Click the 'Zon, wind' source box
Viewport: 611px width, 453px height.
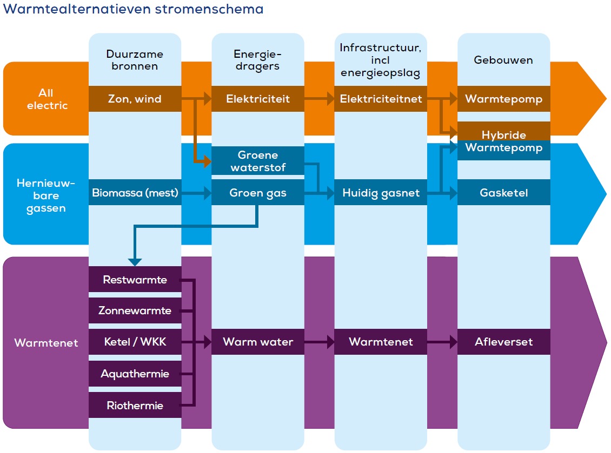click(135, 99)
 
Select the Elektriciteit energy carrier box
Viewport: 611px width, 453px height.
click(258, 99)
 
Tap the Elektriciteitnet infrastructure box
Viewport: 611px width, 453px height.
click(381, 99)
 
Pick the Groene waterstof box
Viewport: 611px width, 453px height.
click(258, 161)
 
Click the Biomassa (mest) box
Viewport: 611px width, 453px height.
click(135, 193)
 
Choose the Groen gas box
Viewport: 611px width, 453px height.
click(258, 193)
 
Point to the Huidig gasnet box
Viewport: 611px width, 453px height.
click(381, 193)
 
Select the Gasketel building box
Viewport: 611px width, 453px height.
click(503, 193)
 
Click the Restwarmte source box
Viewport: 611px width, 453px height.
click(135, 280)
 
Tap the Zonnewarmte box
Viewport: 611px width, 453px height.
click(135, 310)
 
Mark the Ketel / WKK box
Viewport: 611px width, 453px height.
click(135, 342)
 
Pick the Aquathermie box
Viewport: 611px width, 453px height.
click(135, 374)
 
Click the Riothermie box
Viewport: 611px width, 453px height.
click(135, 405)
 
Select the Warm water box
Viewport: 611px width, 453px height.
click(258, 342)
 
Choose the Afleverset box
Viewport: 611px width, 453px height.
click(503, 342)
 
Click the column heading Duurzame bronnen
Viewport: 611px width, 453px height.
click(135, 60)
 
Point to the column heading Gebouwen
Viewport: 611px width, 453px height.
click(503, 60)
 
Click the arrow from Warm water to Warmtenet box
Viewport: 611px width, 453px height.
click(319, 342)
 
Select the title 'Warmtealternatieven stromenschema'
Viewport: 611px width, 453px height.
click(133, 9)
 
